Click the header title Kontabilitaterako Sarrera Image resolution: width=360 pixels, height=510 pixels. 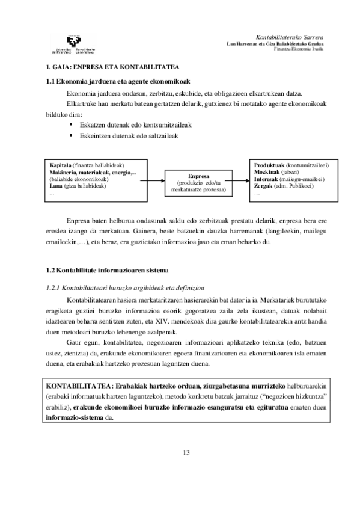coord(290,37)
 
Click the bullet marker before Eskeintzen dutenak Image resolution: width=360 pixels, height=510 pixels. coord(71,135)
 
